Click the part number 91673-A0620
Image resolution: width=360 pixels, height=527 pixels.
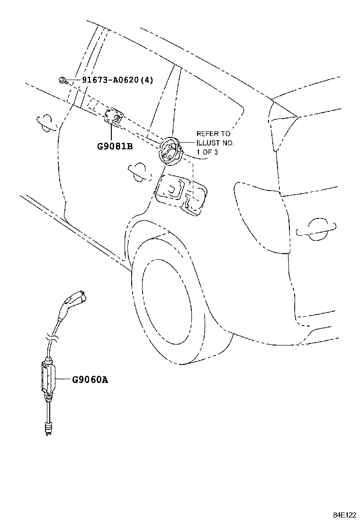pyautogui.click(x=110, y=80)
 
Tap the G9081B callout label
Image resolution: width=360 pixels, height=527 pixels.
pyautogui.click(x=115, y=146)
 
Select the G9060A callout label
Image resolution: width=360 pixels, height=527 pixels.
pyautogui.click(x=90, y=380)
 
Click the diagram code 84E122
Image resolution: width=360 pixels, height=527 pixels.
pyautogui.click(x=344, y=515)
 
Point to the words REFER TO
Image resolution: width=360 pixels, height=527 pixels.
pyautogui.click(x=214, y=134)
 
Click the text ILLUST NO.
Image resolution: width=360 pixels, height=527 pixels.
pyautogui.click(x=215, y=143)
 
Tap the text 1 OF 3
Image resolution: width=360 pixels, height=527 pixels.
pyautogui.click(x=207, y=152)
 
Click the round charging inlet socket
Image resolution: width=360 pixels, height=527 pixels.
pyautogui.click(x=171, y=151)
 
